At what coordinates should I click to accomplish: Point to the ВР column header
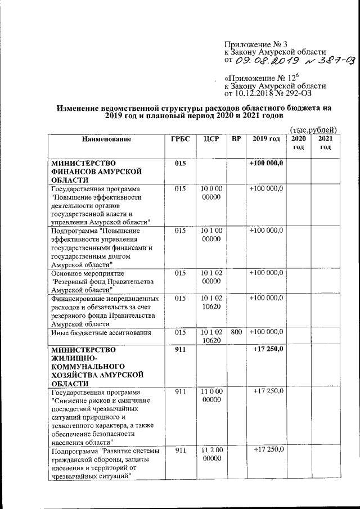coord(236,138)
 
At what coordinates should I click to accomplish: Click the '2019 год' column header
coord(266,138)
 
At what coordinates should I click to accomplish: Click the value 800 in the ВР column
coord(236,332)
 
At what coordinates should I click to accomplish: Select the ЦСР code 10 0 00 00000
coord(211,193)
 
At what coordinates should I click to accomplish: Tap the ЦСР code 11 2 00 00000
coord(211,454)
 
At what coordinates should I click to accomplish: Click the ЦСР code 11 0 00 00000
coord(211,395)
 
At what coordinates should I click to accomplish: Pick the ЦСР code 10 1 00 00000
coord(211,235)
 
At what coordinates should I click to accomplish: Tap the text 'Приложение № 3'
coord(252,43)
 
